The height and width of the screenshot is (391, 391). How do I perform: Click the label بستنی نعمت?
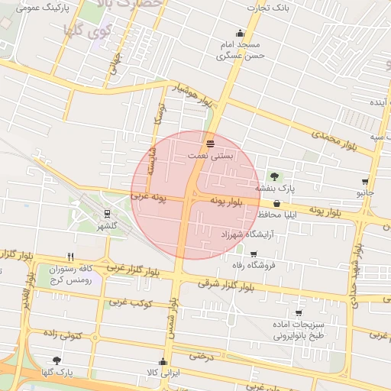pyautogui.click(x=210, y=156)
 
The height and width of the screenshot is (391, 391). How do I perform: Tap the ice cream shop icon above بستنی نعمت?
pyautogui.click(x=210, y=144)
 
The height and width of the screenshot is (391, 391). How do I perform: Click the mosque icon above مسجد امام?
pyautogui.click(x=241, y=33)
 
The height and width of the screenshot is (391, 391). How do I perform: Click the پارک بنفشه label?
pyautogui.click(x=274, y=188)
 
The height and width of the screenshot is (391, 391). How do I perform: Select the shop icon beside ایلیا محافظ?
pyautogui.click(x=276, y=204)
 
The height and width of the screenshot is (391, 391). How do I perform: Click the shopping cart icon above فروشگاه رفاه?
pyautogui.click(x=254, y=254)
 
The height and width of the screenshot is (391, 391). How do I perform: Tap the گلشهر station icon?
pyautogui.click(x=107, y=214)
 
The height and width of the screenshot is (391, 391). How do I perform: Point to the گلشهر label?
pyautogui.click(x=107, y=226)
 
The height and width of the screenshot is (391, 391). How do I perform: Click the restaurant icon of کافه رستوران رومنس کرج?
pyautogui.click(x=70, y=257)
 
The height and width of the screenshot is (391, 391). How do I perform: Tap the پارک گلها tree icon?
pyautogui.click(x=57, y=360)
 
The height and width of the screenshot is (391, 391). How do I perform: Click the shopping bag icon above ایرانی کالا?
pyautogui.click(x=162, y=362)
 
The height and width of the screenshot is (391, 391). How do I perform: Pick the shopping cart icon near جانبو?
pyautogui.click(x=365, y=183)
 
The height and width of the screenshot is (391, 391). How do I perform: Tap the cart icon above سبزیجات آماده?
pyautogui.click(x=298, y=313)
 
